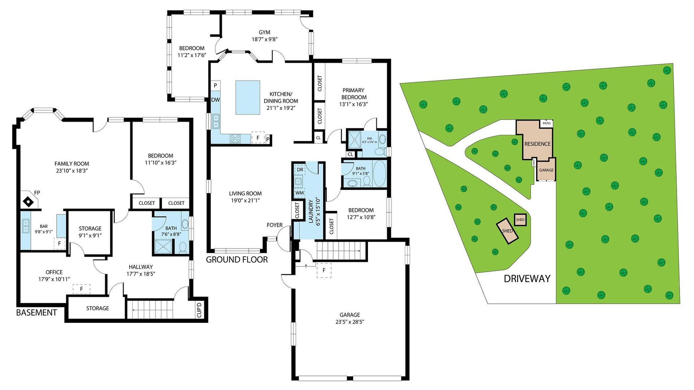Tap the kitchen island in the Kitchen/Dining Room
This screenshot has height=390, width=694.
(248, 97)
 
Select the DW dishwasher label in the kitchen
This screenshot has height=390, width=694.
(215, 100)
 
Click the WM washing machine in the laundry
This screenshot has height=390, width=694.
(299, 193)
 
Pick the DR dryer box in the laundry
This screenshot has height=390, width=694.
(300, 170)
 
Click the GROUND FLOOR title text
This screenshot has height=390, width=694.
(237, 259)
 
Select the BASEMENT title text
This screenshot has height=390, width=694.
(37, 312)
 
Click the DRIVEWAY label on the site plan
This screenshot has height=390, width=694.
(527, 278)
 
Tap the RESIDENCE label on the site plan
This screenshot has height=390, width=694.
(537, 144)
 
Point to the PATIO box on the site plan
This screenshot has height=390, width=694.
(547, 123)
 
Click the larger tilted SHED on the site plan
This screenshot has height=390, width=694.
(507, 231)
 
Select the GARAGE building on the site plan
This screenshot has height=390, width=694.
(546, 170)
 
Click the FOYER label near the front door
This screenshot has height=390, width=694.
(274, 225)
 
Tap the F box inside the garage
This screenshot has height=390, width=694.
(324, 270)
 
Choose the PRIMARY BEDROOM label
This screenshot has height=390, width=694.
(354, 94)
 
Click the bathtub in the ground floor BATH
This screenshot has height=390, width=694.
(379, 174)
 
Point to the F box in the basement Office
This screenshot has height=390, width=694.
(81, 289)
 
